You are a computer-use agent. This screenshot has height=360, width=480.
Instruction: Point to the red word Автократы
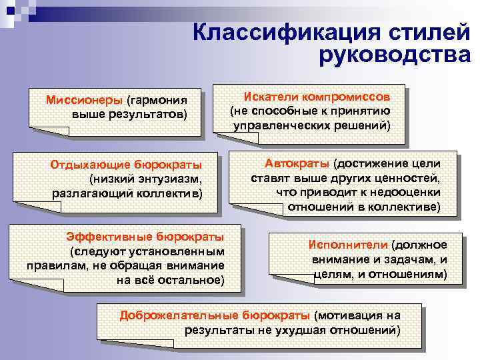(297, 164)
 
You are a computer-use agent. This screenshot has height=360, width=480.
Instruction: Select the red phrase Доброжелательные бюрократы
(215, 315)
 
